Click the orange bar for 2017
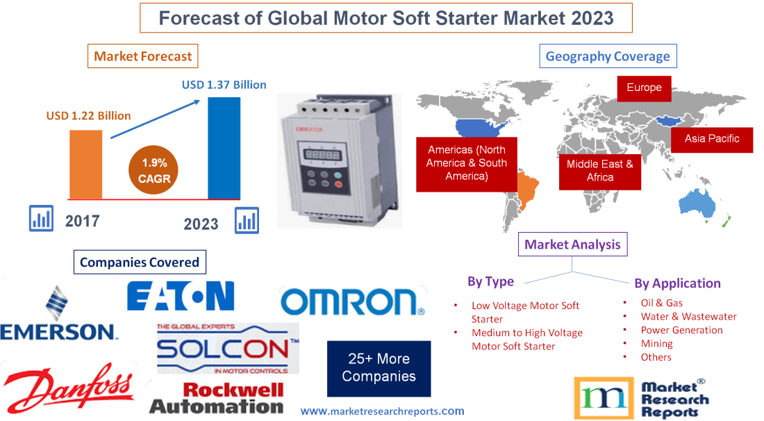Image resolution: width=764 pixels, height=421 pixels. [x=85, y=164]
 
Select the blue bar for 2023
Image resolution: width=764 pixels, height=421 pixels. [x=224, y=148]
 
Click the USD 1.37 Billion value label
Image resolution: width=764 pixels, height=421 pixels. [x=224, y=85]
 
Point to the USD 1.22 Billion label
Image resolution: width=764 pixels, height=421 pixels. [x=88, y=115]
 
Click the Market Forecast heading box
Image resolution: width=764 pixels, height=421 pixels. [x=142, y=56]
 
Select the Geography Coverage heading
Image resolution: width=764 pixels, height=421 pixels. [x=608, y=56]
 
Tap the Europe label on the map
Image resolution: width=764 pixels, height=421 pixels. [x=644, y=88]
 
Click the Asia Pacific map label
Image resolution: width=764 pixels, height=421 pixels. [x=712, y=138]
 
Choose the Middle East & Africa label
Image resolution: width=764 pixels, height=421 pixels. [x=600, y=171]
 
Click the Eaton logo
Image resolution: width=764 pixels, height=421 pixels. [x=181, y=296]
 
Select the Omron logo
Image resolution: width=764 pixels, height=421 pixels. [x=353, y=302]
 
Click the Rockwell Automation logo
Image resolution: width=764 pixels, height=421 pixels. [x=217, y=398]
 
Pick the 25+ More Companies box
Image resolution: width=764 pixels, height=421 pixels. [x=379, y=368]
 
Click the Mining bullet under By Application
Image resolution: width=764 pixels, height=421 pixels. [x=656, y=343]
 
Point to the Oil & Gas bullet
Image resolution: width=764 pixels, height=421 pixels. [x=661, y=303]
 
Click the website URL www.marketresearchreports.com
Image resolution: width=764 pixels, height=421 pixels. [x=382, y=411]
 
